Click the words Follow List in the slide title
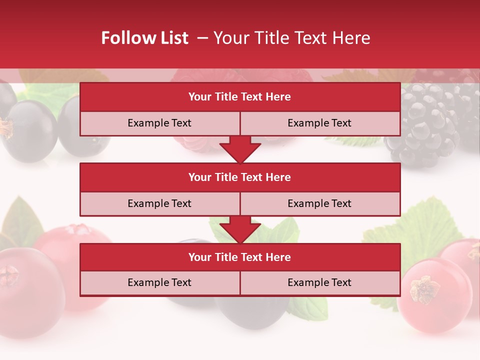(144, 38)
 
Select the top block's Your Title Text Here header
(239, 97)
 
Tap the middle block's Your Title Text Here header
(239, 177)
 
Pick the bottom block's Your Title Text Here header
(239, 257)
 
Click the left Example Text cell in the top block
(159, 123)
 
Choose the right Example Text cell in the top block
(319, 123)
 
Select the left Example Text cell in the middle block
(159, 203)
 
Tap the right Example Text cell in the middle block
(319, 203)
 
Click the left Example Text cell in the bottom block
(159, 282)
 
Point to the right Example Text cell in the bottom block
(319, 282)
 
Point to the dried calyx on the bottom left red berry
(8, 275)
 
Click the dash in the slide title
(202, 38)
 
